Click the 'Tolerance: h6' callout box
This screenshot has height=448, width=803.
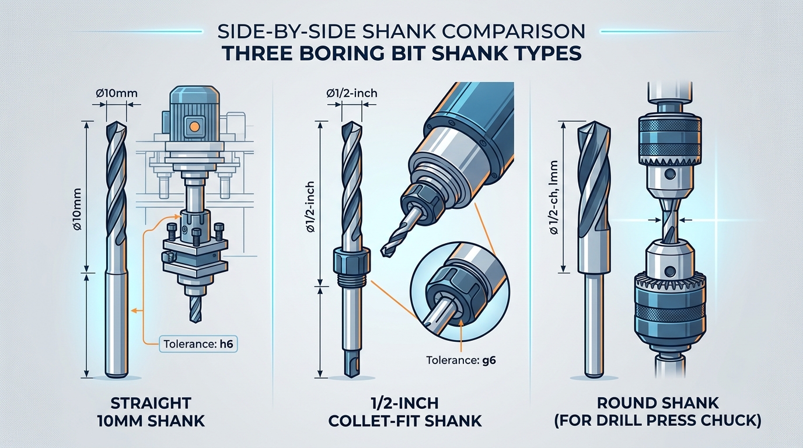click(x=198, y=344)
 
